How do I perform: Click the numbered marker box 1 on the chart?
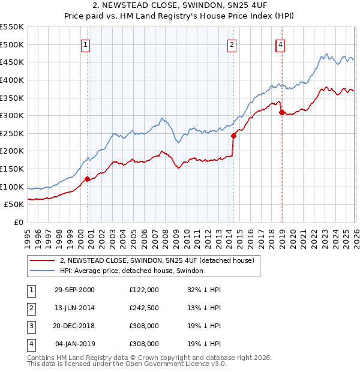[85, 44]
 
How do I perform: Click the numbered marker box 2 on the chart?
[232, 44]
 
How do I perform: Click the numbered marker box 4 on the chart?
[280, 44]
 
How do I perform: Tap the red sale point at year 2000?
[88, 178]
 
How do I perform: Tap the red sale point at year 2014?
[233, 136]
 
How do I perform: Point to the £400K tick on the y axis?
[11, 80]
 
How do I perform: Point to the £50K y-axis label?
[13, 204]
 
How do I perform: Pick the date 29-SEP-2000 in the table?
[74, 289]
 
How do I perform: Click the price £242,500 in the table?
[144, 308]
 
